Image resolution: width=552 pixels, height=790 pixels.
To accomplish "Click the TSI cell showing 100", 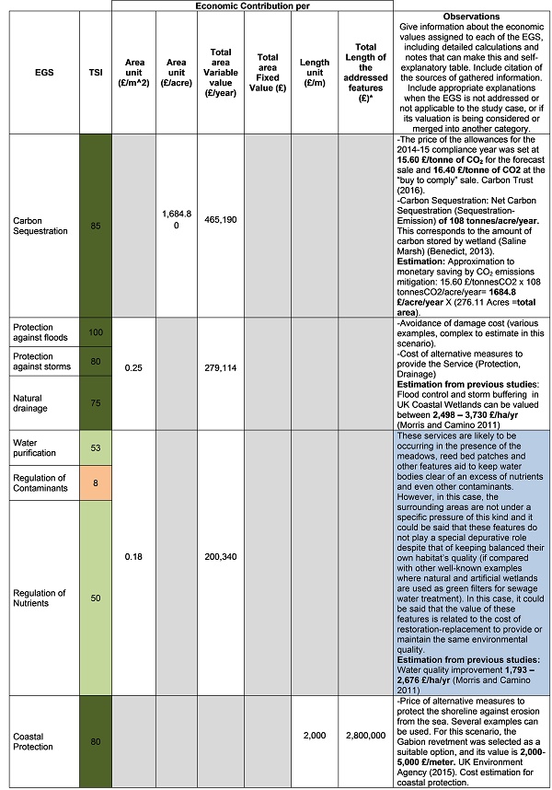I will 96,330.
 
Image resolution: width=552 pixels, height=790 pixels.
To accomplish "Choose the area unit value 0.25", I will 134,366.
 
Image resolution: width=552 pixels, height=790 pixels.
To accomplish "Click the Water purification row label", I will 31,446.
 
